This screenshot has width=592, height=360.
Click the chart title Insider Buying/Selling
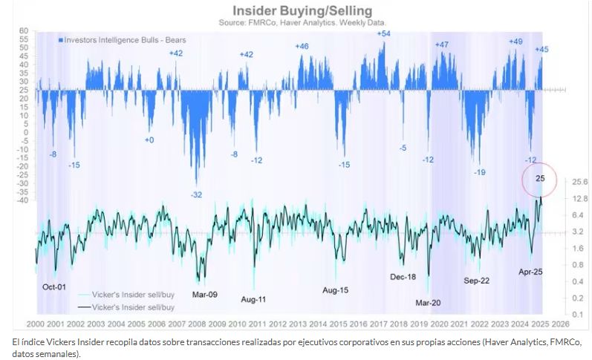(x=302, y=11)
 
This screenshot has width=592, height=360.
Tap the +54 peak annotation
(x=384, y=33)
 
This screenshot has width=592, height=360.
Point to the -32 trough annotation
(x=196, y=194)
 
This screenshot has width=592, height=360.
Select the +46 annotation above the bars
(x=302, y=46)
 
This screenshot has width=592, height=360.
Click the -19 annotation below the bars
(x=481, y=172)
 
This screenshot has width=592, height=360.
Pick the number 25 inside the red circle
(x=540, y=178)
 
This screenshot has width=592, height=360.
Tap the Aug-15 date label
(x=335, y=290)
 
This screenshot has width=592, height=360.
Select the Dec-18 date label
(x=403, y=276)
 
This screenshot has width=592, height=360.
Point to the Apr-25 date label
(x=530, y=272)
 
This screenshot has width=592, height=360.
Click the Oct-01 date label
(x=54, y=287)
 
